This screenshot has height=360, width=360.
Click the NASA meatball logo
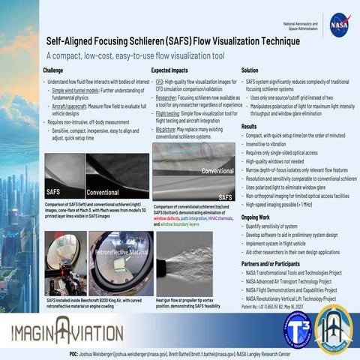tap(339, 24)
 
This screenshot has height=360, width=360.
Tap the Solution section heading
tap(250, 70)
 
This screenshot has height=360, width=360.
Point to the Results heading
tap(249, 127)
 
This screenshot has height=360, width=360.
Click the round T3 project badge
tap(298, 329)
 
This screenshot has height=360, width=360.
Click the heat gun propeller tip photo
tap(185, 263)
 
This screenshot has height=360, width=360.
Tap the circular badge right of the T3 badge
tap(334, 329)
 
